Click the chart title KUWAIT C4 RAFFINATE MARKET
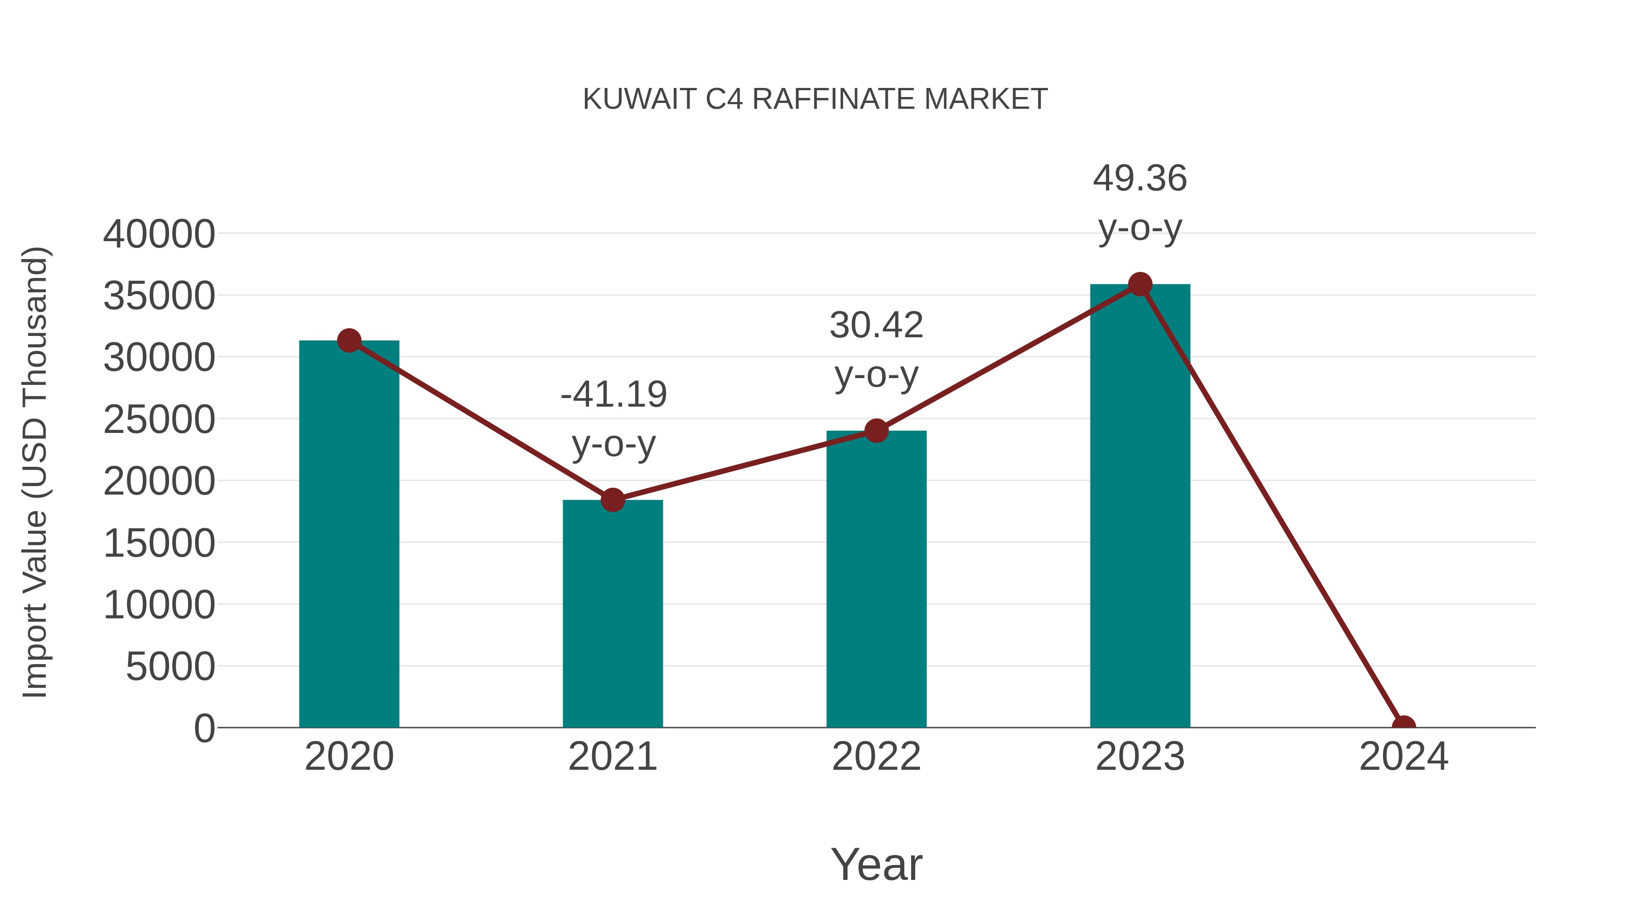point(815,99)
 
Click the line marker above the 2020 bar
point(349,341)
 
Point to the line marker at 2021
point(612,500)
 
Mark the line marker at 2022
point(876,431)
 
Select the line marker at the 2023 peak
point(1140,284)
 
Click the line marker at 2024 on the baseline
point(1404,726)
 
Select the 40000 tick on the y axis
point(159,234)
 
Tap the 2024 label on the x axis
point(1404,757)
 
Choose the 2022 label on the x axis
point(876,757)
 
